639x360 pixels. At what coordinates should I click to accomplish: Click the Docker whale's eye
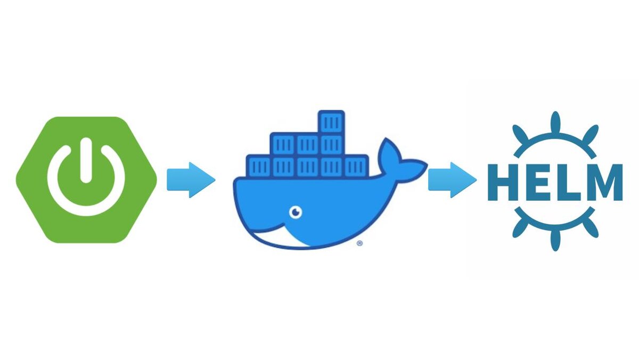295,212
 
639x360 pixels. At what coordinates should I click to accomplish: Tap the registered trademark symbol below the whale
359,243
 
